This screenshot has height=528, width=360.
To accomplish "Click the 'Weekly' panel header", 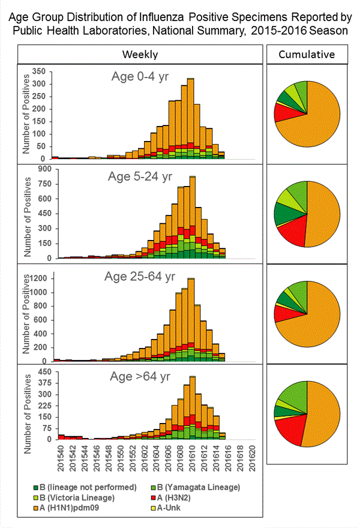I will (x=140, y=55).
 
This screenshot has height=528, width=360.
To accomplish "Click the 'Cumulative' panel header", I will (x=307, y=55).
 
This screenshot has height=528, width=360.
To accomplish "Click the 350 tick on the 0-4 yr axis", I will (x=38, y=71).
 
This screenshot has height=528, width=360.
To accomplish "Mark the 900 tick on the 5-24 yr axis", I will (x=38, y=170).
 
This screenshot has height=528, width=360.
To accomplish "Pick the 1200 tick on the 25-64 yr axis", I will (x=35, y=279).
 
